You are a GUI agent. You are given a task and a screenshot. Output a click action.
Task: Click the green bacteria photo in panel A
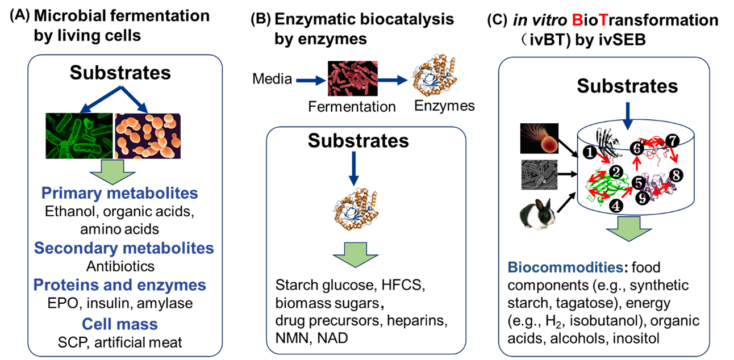point(79,136)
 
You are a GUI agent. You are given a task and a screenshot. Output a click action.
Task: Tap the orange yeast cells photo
point(148,136)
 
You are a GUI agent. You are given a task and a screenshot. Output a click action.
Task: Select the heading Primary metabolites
point(120,193)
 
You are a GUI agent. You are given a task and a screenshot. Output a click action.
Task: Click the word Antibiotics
point(120,266)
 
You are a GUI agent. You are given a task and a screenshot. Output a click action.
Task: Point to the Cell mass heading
point(120,324)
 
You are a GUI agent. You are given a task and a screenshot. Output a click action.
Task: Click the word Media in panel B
point(272,79)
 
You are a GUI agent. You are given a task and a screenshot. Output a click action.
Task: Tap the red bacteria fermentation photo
point(353,78)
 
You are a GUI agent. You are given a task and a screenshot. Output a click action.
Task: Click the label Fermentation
point(352,107)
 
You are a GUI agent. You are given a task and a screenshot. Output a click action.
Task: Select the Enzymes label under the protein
point(444,106)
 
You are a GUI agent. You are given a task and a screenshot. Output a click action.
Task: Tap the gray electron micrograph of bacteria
point(539,174)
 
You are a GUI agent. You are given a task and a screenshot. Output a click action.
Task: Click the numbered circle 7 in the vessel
point(673,140)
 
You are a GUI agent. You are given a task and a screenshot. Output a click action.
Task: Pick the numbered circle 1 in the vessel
point(590,152)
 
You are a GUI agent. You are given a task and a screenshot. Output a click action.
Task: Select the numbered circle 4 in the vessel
point(616,206)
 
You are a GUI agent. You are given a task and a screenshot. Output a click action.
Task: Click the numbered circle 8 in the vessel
point(676,175)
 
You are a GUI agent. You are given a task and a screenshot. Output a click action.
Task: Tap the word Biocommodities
point(565,267)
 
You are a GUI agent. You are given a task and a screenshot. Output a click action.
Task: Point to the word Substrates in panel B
point(358,141)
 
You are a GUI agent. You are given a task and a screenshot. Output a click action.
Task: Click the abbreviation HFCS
point(403,285)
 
